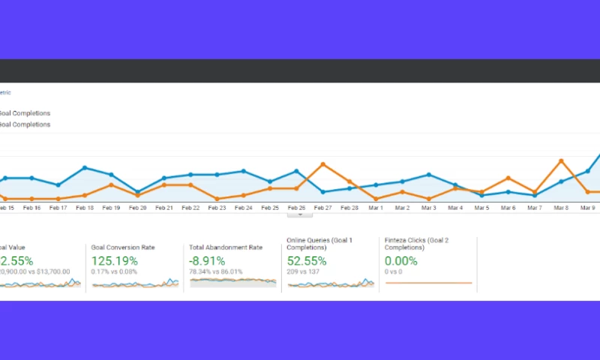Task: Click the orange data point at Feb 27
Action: click(322, 163)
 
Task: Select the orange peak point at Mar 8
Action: click(561, 160)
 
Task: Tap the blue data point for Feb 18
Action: click(85, 168)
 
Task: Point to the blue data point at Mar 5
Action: click(481, 195)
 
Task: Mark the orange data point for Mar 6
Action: click(508, 178)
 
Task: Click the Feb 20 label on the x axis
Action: click(137, 208)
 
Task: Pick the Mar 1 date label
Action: click(376, 208)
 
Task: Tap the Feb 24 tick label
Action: click(243, 208)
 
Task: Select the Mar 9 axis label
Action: click(587, 208)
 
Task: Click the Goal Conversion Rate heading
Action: click(123, 246)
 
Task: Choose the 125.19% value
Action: click(114, 260)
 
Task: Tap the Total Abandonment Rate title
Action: click(226, 246)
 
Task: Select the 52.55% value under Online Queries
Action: click(307, 260)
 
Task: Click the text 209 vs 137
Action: click(303, 271)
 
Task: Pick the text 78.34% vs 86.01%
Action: click(217, 271)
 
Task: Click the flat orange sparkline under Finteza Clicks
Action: click(428, 283)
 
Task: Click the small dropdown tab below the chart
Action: click(300, 214)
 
